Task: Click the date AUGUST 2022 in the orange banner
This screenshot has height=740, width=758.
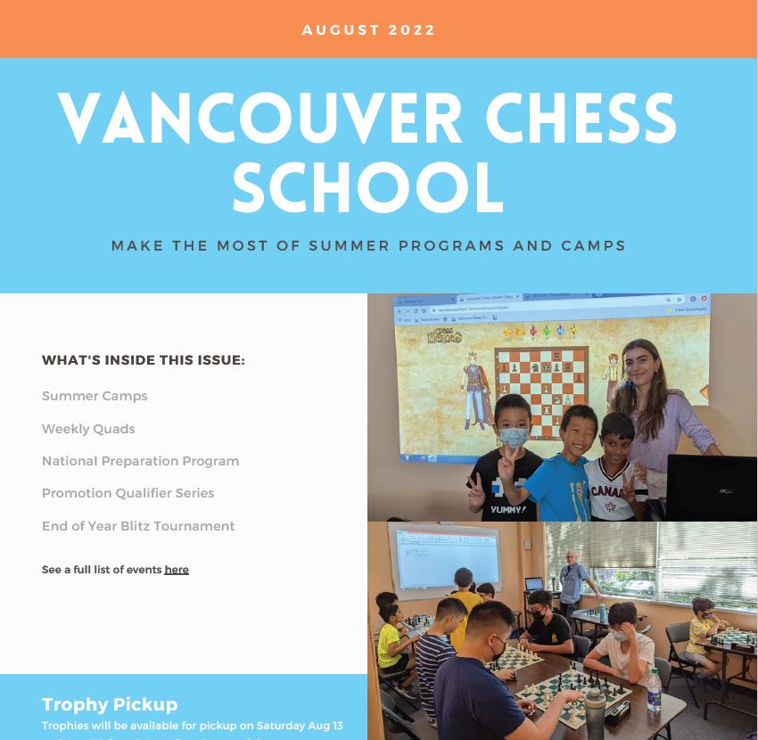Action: [368, 30]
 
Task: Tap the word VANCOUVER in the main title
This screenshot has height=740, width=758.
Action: [259, 119]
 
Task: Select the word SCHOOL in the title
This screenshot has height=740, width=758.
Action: [367, 186]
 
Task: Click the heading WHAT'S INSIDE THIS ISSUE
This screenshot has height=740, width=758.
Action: [143, 360]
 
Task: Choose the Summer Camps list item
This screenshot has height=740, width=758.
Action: [95, 396]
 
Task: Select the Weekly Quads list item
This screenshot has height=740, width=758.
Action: [88, 429]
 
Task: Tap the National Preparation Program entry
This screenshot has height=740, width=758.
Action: [140, 461]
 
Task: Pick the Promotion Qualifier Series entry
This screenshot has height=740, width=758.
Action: [128, 493]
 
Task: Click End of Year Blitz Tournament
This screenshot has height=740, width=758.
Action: [138, 526]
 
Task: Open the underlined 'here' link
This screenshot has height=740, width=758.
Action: [177, 570]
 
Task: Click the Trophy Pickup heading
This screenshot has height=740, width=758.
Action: [110, 704]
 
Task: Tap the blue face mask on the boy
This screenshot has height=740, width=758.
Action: [513, 438]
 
